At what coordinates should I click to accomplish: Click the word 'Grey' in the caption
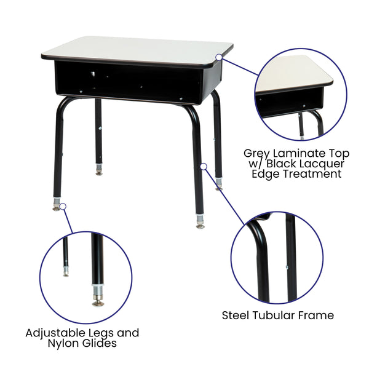[258, 153]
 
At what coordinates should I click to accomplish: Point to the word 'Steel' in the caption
[236, 315]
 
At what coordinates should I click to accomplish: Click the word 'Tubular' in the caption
[275, 315]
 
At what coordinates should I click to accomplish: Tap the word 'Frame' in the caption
[317, 315]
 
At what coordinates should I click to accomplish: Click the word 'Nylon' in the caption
[65, 343]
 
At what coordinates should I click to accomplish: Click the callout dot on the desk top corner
[219, 57]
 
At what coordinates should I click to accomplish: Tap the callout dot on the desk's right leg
[204, 165]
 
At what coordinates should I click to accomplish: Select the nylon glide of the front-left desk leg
[57, 208]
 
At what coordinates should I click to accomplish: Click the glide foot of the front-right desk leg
[200, 225]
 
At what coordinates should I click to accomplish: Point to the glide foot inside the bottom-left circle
[98, 301]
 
